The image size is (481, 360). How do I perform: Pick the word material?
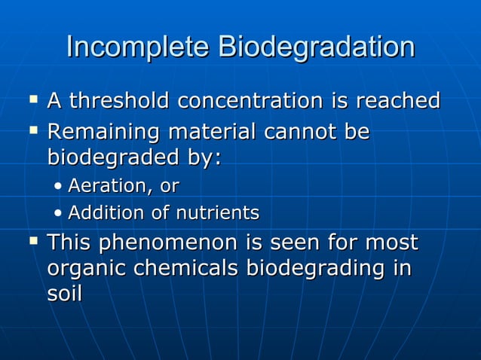(x=207, y=132)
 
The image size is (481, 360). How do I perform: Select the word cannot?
(x=292, y=132)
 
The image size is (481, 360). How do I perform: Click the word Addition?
(x=106, y=213)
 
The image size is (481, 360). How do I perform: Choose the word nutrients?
(x=217, y=213)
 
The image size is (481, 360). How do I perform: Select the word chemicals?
(x=186, y=269)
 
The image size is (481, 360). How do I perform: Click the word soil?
(x=64, y=293)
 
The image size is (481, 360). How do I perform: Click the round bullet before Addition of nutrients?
(x=59, y=214)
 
